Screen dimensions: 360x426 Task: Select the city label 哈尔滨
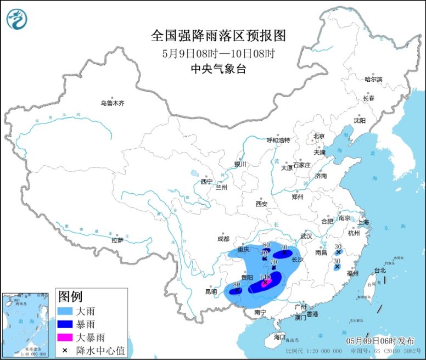(373, 80)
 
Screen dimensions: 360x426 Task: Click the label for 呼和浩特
(278, 140)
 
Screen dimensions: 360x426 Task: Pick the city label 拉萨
(117, 240)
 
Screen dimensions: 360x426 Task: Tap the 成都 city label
(223, 239)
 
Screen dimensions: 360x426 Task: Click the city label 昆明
(210, 291)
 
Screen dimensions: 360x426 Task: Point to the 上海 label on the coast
(363, 222)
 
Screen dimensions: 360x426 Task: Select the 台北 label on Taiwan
(380, 270)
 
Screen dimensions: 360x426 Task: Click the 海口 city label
(279, 337)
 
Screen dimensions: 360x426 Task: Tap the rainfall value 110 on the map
(265, 277)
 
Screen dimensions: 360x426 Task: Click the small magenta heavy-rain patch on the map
(265, 284)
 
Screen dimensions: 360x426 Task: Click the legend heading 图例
(71, 297)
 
